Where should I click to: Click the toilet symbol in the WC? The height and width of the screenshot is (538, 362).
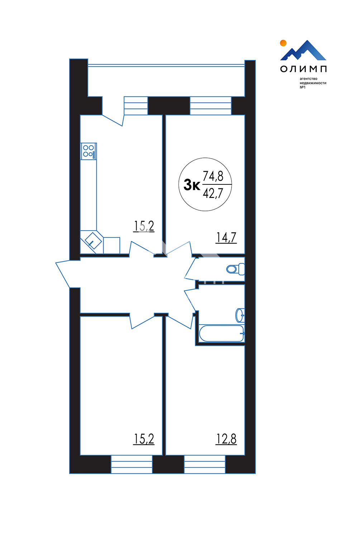click(x=235, y=269)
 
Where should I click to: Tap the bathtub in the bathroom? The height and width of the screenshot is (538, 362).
click(x=222, y=333)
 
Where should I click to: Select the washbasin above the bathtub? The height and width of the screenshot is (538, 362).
click(x=240, y=315)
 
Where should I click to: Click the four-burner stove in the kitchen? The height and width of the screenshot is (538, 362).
click(x=89, y=151)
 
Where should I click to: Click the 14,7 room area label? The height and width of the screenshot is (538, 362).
click(x=226, y=238)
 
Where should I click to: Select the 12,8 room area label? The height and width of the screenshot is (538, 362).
click(x=226, y=439)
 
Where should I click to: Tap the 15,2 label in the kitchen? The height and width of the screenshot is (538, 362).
click(x=144, y=226)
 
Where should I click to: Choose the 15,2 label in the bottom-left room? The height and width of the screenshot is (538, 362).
click(x=144, y=439)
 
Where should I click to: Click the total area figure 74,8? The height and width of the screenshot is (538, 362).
click(x=213, y=176)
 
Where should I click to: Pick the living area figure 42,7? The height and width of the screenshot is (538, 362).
click(x=213, y=193)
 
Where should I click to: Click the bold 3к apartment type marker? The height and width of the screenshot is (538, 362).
click(x=192, y=185)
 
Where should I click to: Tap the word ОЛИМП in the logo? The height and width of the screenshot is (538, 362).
click(x=304, y=69)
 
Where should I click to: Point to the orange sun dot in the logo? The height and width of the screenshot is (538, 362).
click(x=283, y=43)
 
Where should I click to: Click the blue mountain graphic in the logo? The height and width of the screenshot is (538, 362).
click(x=304, y=50)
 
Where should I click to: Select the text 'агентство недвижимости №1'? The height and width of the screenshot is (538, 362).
click(x=313, y=83)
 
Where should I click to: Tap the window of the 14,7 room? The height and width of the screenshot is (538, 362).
click(x=211, y=106)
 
